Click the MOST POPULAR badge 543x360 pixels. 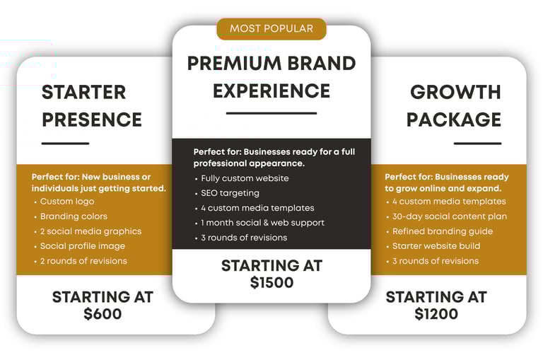click(x=271, y=29)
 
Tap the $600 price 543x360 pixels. click(x=103, y=314)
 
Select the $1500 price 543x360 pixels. click(x=271, y=282)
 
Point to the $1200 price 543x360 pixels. click(x=436, y=314)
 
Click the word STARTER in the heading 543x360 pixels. click(x=84, y=92)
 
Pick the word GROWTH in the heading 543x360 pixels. click(x=455, y=92)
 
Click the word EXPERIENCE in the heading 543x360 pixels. click(x=271, y=91)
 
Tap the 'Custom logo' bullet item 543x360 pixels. click(x=67, y=202)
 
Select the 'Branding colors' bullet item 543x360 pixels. click(x=74, y=216)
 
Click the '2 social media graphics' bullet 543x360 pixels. click(x=90, y=231)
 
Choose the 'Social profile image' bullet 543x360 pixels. click(x=83, y=246)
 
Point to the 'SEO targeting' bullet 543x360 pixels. click(x=230, y=193)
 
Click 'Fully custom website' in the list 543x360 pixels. click(x=245, y=178)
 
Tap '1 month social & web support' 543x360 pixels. click(x=262, y=223)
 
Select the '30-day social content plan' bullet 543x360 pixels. click(x=450, y=216)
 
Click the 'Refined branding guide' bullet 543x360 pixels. click(x=443, y=231)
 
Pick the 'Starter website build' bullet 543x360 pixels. click(x=436, y=246)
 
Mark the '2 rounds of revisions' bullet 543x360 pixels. click(x=83, y=261)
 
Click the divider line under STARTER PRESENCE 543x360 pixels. click(x=66, y=143)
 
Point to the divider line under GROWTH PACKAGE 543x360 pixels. click(x=477, y=143)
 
